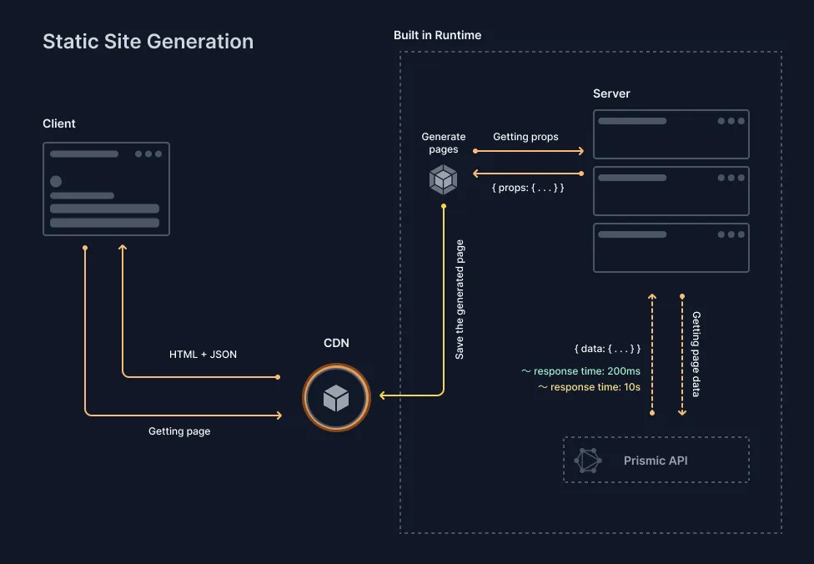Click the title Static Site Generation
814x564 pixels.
point(148,42)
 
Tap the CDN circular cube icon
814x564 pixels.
point(336,398)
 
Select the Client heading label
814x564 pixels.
point(59,123)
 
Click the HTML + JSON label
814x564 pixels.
point(203,355)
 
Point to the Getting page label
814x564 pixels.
point(179,431)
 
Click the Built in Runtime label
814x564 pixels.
point(437,35)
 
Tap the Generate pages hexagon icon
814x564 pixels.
point(443,179)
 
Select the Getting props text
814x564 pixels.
point(525,137)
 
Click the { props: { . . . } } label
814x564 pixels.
point(528,188)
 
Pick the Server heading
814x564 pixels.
point(611,93)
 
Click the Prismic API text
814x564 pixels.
point(656,461)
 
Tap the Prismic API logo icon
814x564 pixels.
point(588,461)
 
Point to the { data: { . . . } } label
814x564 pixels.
point(607,348)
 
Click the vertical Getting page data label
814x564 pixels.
point(696,354)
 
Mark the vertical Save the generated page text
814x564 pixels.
point(460,300)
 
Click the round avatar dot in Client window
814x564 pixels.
point(56,181)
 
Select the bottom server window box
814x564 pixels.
point(671,248)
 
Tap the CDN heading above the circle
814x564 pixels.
point(336,343)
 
